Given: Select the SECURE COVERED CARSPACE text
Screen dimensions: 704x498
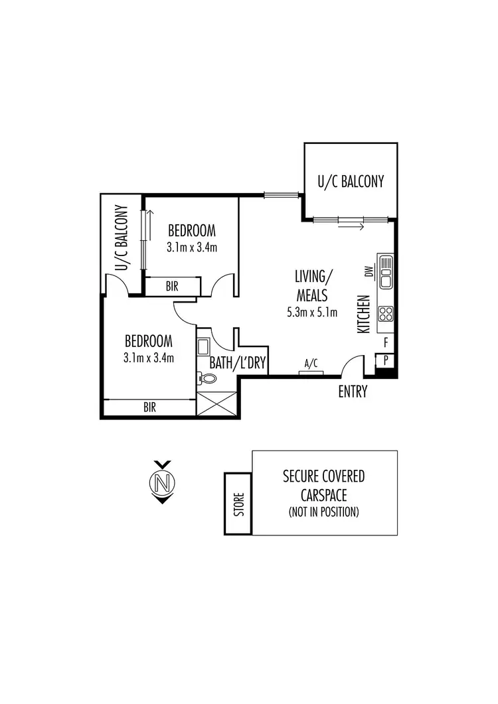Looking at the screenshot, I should click(324, 485).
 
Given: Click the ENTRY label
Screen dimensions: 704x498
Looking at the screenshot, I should click(353, 392).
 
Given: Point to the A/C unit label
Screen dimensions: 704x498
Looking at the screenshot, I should click(310, 364).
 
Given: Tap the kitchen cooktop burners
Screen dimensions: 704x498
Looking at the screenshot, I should click(385, 313).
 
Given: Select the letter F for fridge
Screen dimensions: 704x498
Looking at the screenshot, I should click(386, 342).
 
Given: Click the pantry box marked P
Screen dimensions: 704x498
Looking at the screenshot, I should click(386, 360).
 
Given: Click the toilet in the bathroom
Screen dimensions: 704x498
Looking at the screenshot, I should click(208, 379).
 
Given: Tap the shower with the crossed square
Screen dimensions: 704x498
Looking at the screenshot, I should click(216, 403).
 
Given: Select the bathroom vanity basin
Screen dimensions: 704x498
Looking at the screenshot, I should click(204, 347).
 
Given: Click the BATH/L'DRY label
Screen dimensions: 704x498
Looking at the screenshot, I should click(237, 363).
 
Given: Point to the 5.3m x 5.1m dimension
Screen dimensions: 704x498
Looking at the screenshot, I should click(312, 313).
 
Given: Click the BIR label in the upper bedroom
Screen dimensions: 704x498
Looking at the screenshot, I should click(171, 287).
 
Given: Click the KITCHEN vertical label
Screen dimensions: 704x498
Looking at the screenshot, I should click(363, 314).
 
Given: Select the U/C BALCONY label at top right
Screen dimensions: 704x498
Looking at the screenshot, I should click(351, 181).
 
